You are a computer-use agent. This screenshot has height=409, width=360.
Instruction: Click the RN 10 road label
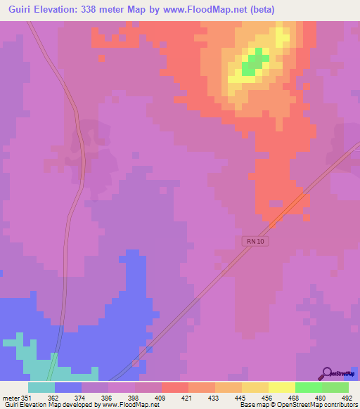[x=257, y=241]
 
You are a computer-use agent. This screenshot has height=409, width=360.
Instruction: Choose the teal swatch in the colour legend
[x=41, y=387]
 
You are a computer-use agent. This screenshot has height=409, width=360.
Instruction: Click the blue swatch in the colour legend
[x=68, y=387]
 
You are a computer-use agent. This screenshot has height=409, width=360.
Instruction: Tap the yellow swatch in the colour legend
[x=281, y=387]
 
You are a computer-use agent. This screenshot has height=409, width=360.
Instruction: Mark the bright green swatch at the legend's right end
[x=335, y=387]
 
